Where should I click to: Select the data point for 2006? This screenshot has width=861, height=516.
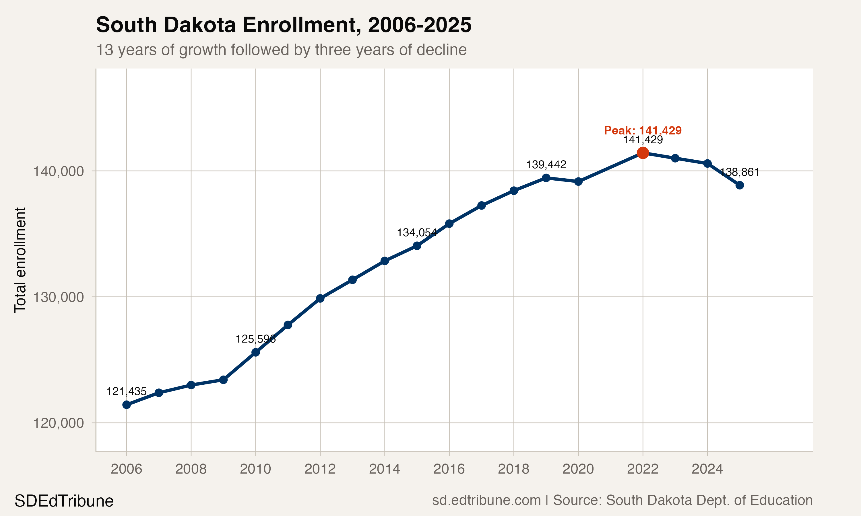(x=126, y=405)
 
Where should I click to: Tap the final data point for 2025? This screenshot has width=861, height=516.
(x=740, y=185)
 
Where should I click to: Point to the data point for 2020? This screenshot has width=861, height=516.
(x=578, y=181)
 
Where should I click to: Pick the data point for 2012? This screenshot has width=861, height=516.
(x=320, y=298)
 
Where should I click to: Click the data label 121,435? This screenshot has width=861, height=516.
(x=126, y=392)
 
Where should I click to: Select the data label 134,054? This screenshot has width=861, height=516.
(x=416, y=232)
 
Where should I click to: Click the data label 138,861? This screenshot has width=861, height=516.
(x=739, y=172)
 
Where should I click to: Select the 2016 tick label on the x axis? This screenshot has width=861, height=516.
(x=449, y=469)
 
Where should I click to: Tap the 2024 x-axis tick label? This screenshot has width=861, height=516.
(x=707, y=469)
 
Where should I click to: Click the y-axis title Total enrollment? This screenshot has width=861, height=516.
(x=20, y=260)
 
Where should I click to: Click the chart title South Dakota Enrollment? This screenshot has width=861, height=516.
(x=283, y=25)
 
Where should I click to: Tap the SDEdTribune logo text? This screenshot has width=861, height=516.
(x=64, y=501)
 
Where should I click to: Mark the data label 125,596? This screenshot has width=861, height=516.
(x=255, y=339)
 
